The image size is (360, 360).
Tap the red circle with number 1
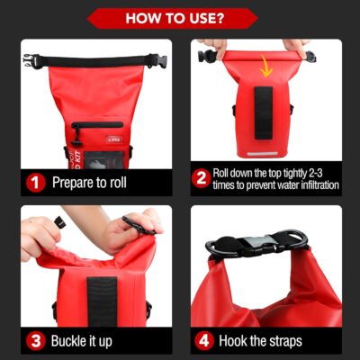point(35,182)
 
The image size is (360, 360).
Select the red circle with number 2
point(202,178)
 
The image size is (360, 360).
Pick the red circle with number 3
point(35,341)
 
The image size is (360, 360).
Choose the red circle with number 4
point(203,341)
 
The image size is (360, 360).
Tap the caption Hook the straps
point(261,341)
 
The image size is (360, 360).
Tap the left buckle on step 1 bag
point(32,61)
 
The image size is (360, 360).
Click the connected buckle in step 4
point(256,243)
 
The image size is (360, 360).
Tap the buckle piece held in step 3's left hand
point(63,221)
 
